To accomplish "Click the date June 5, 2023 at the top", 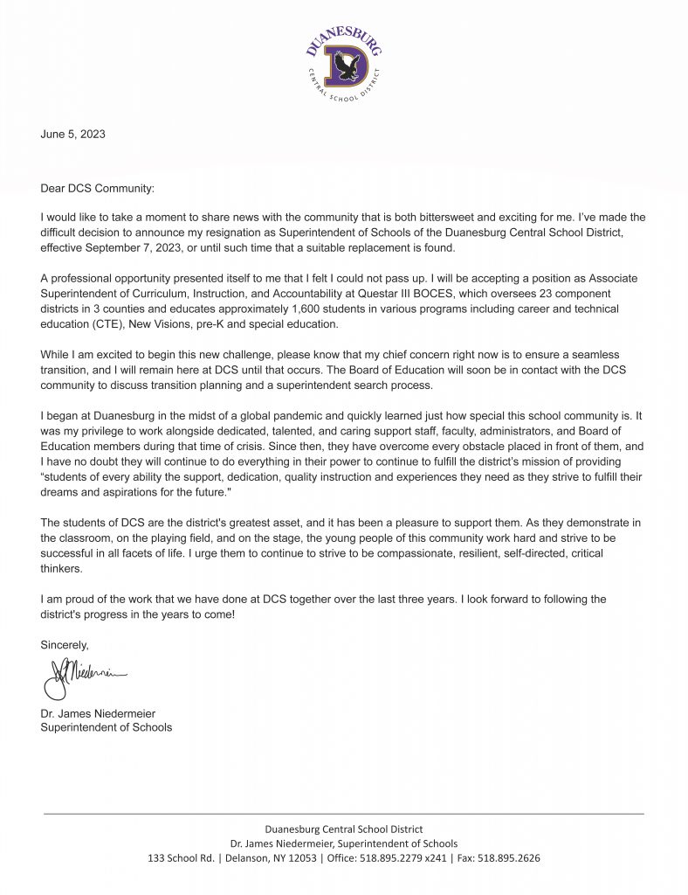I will [x=73, y=134].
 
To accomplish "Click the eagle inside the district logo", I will [x=347, y=66].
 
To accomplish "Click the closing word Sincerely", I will [x=65, y=645].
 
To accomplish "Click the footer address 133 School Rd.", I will [x=181, y=858].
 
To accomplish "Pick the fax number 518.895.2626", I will [x=509, y=858].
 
